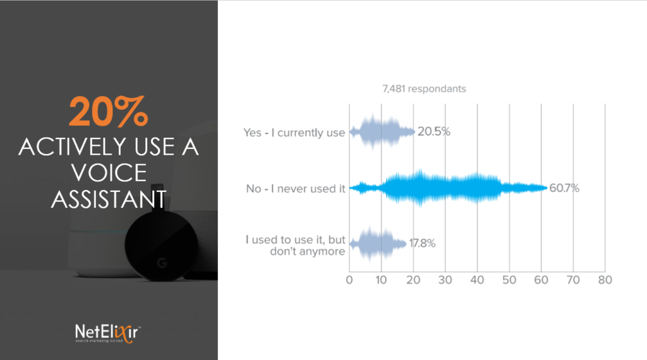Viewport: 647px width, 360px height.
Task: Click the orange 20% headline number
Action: coord(109,111)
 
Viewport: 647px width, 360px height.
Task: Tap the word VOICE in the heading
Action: coord(109,173)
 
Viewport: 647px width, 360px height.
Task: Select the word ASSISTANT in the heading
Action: coord(109,200)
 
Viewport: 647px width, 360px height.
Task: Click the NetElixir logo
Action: coord(107,333)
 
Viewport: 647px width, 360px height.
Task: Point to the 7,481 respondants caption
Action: coord(424,88)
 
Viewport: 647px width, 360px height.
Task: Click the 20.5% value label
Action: coord(433,131)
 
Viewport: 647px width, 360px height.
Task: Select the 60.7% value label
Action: coord(564,188)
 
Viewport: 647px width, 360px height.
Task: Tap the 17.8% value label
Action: coord(422,243)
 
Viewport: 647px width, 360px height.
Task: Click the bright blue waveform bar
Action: coord(449,188)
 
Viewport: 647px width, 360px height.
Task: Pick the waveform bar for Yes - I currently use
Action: coord(382,131)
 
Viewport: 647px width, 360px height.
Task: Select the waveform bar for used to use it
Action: coord(378,244)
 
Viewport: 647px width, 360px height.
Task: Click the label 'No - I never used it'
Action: coord(296,189)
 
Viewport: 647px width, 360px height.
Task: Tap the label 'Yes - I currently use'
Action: coord(294,133)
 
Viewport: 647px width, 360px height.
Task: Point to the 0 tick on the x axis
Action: coord(349,280)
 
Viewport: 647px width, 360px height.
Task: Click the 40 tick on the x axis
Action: coord(477,280)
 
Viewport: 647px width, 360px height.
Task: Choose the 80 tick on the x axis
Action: coord(605,280)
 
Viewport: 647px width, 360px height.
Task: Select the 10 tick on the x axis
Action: coord(381,280)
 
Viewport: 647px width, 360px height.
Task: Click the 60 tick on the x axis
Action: coord(541,280)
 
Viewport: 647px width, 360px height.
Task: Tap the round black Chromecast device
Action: coord(161,243)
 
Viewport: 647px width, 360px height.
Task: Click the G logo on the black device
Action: coord(162,263)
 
